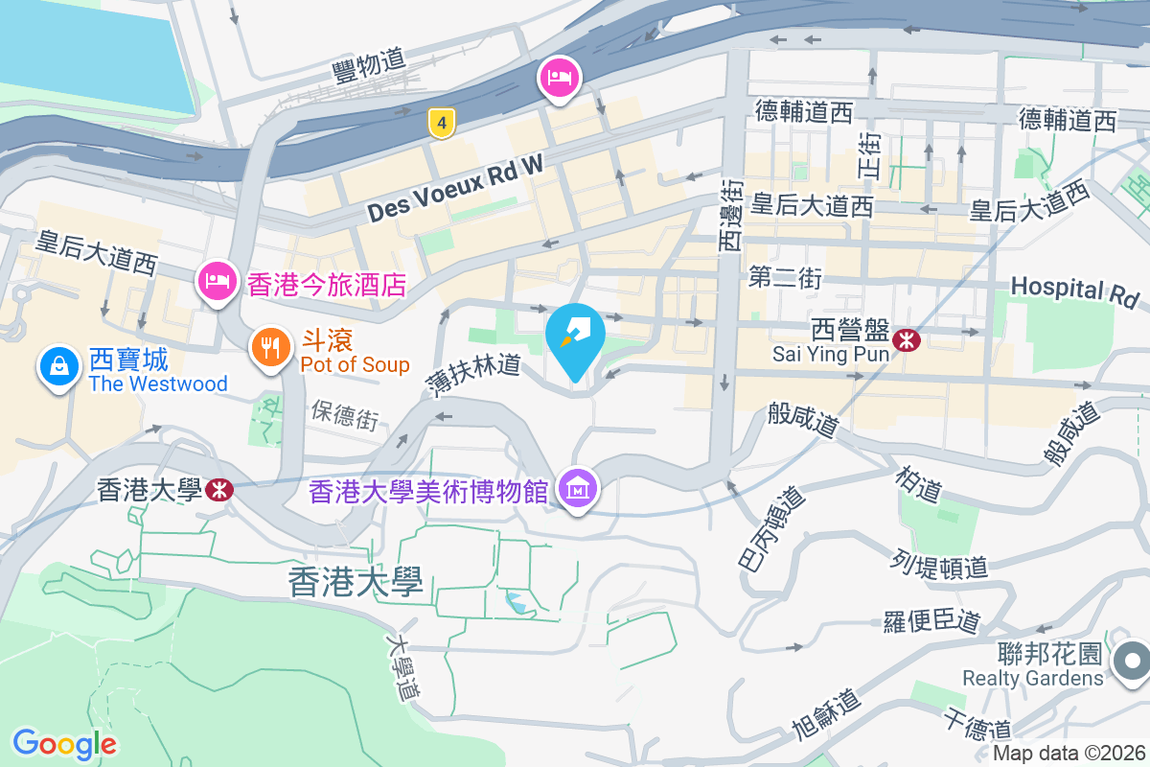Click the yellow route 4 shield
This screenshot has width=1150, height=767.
[x=441, y=123]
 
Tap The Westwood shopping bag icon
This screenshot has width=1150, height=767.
[x=59, y=365]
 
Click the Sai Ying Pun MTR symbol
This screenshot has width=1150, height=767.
[x=905, y=338]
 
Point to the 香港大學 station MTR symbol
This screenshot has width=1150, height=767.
[x=218, y=490]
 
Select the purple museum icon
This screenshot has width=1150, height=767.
[x=579, y=490]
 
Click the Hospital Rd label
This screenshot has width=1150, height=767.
[x=1073, y=291]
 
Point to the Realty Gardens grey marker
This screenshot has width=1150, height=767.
[x=1131, y=661]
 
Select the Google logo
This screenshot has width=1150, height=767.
[x=64, y=743]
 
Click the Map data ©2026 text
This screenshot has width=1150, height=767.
[x=1069, y=754]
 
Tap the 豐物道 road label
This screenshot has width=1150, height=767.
[x=367, y=65]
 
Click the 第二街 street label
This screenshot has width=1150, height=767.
[x=785, y=278]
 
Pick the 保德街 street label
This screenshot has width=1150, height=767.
[x=344, y=416]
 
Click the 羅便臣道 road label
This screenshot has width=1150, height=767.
[x=931, y=621]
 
